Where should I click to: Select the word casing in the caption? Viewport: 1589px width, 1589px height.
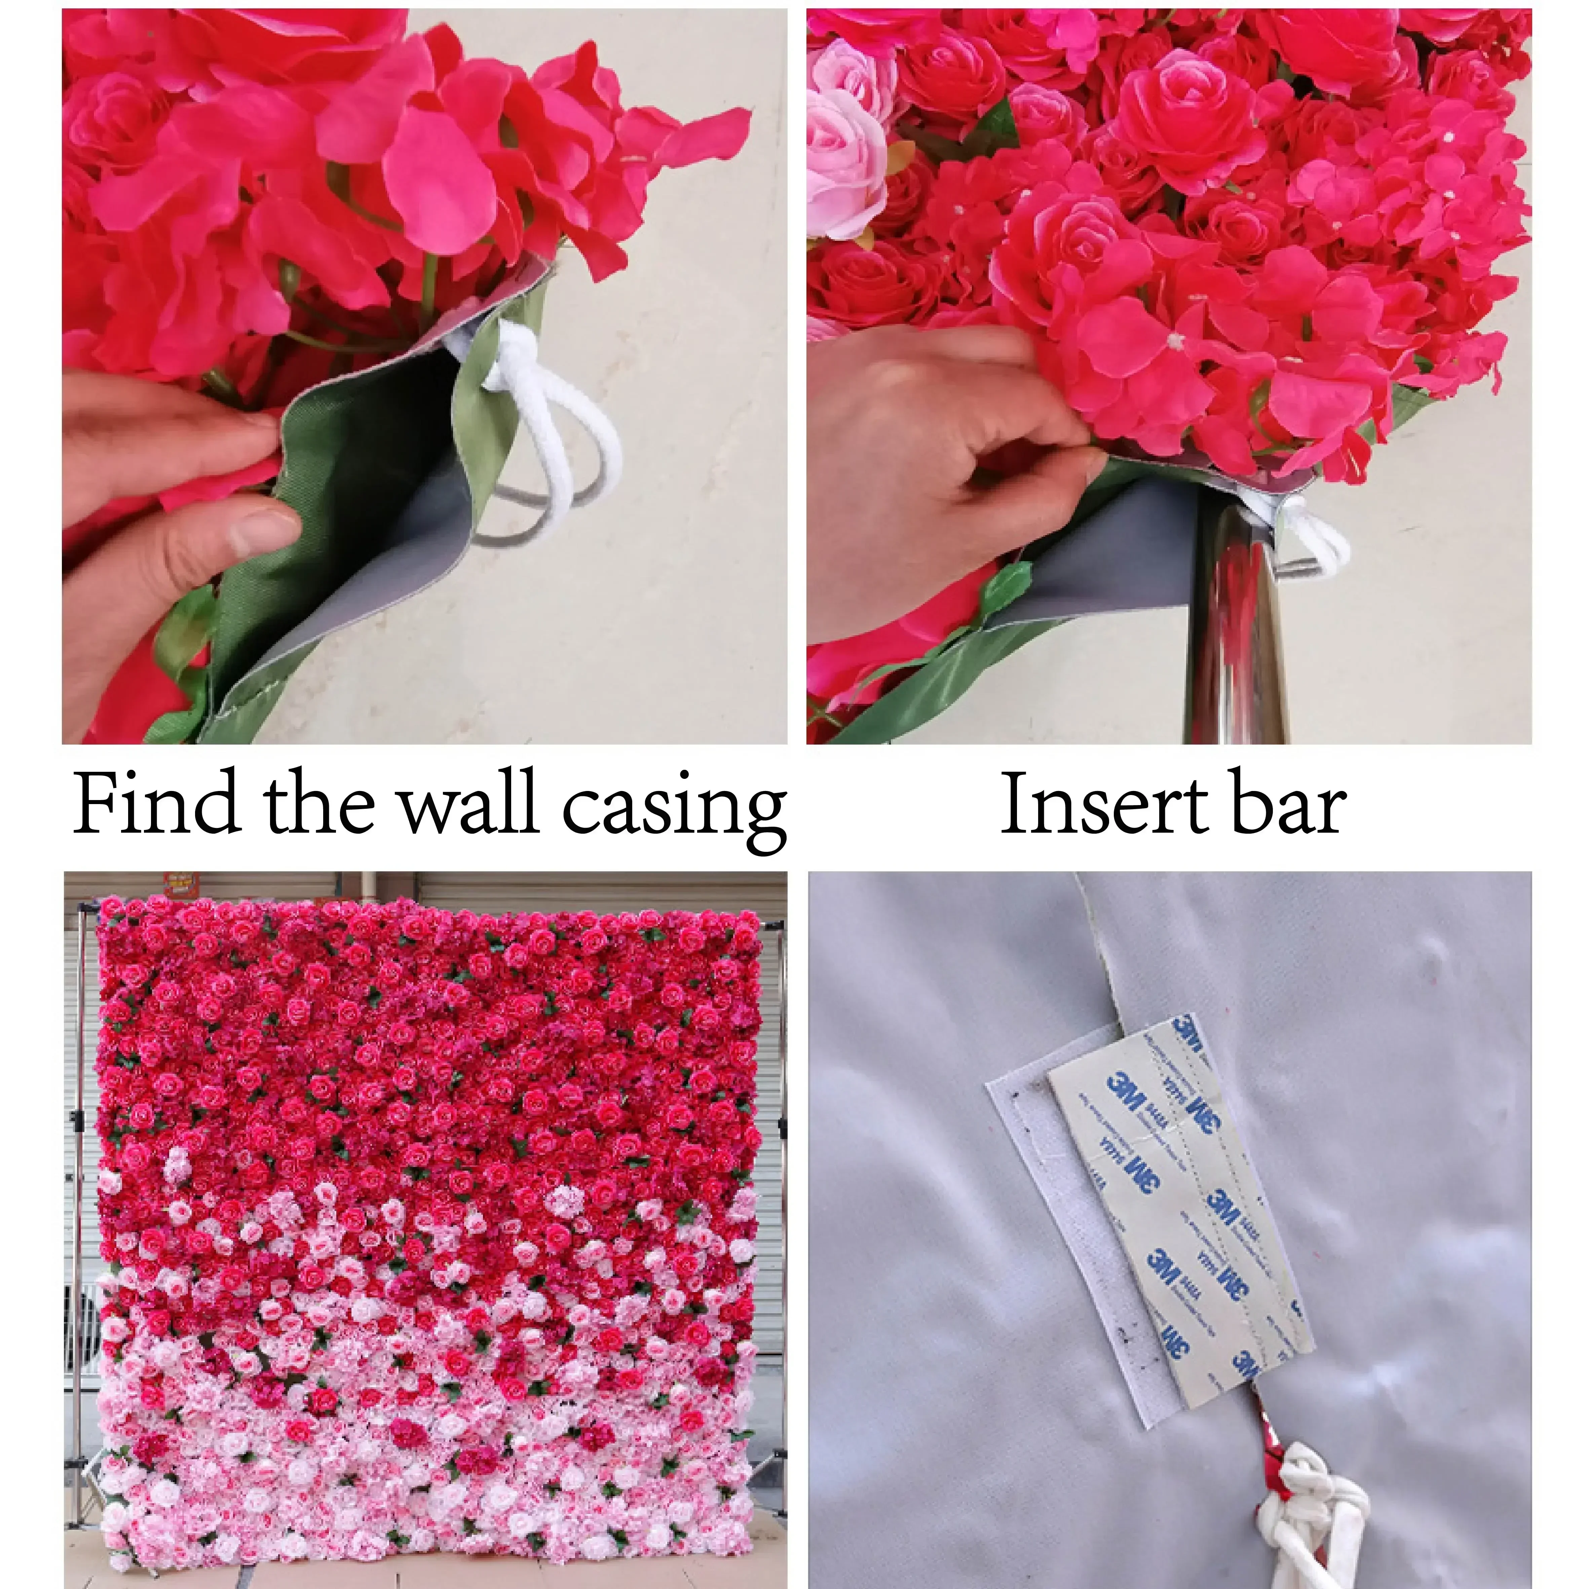pyautogui.click(x=674, y=806)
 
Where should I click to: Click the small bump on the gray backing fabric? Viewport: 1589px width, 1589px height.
pyautogui.click(x=1435, y=954)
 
